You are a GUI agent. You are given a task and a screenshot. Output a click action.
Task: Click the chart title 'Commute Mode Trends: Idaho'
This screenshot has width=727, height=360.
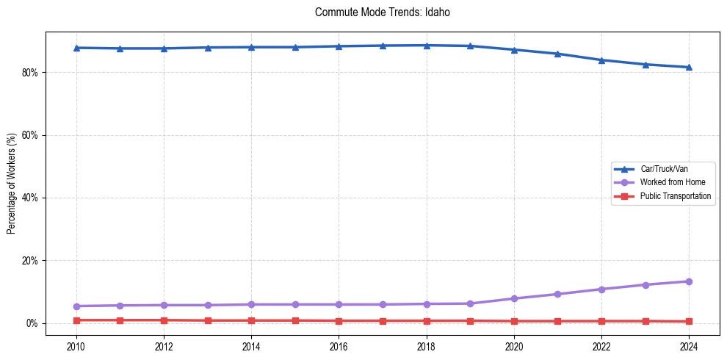[x=377, y=12]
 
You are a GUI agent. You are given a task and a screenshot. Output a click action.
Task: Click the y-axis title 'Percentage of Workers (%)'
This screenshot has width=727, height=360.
[x=11, y=182]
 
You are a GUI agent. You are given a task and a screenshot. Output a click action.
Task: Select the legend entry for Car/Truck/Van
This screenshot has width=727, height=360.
[x=664, y=169]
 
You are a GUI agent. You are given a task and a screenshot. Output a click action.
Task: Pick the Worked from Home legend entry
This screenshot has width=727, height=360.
[x=672, y=182]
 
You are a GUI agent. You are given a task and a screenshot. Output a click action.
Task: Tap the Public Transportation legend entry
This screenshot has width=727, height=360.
[x=676, y=196]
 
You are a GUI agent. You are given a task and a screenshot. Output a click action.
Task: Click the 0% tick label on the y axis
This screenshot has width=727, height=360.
[x=32, y=323]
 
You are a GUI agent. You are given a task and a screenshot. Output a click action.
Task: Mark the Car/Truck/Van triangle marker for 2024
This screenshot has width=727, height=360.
[x=689, y=68]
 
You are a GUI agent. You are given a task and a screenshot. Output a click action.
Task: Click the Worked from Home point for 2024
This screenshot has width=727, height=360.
[x=689, y=281]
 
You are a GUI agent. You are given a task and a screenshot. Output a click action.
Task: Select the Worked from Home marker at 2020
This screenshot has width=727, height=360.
[x=514, y=298]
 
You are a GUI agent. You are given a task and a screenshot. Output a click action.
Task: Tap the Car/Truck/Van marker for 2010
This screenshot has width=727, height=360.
[x=76, y=48]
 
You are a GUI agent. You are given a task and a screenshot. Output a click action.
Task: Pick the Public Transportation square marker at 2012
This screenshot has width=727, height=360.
[x=164, y=320]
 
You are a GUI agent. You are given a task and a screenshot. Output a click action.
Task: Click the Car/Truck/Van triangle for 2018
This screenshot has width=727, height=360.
[x=427, y=46]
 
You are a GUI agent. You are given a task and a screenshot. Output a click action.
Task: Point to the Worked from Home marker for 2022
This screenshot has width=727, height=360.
[x=601, y=289]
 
